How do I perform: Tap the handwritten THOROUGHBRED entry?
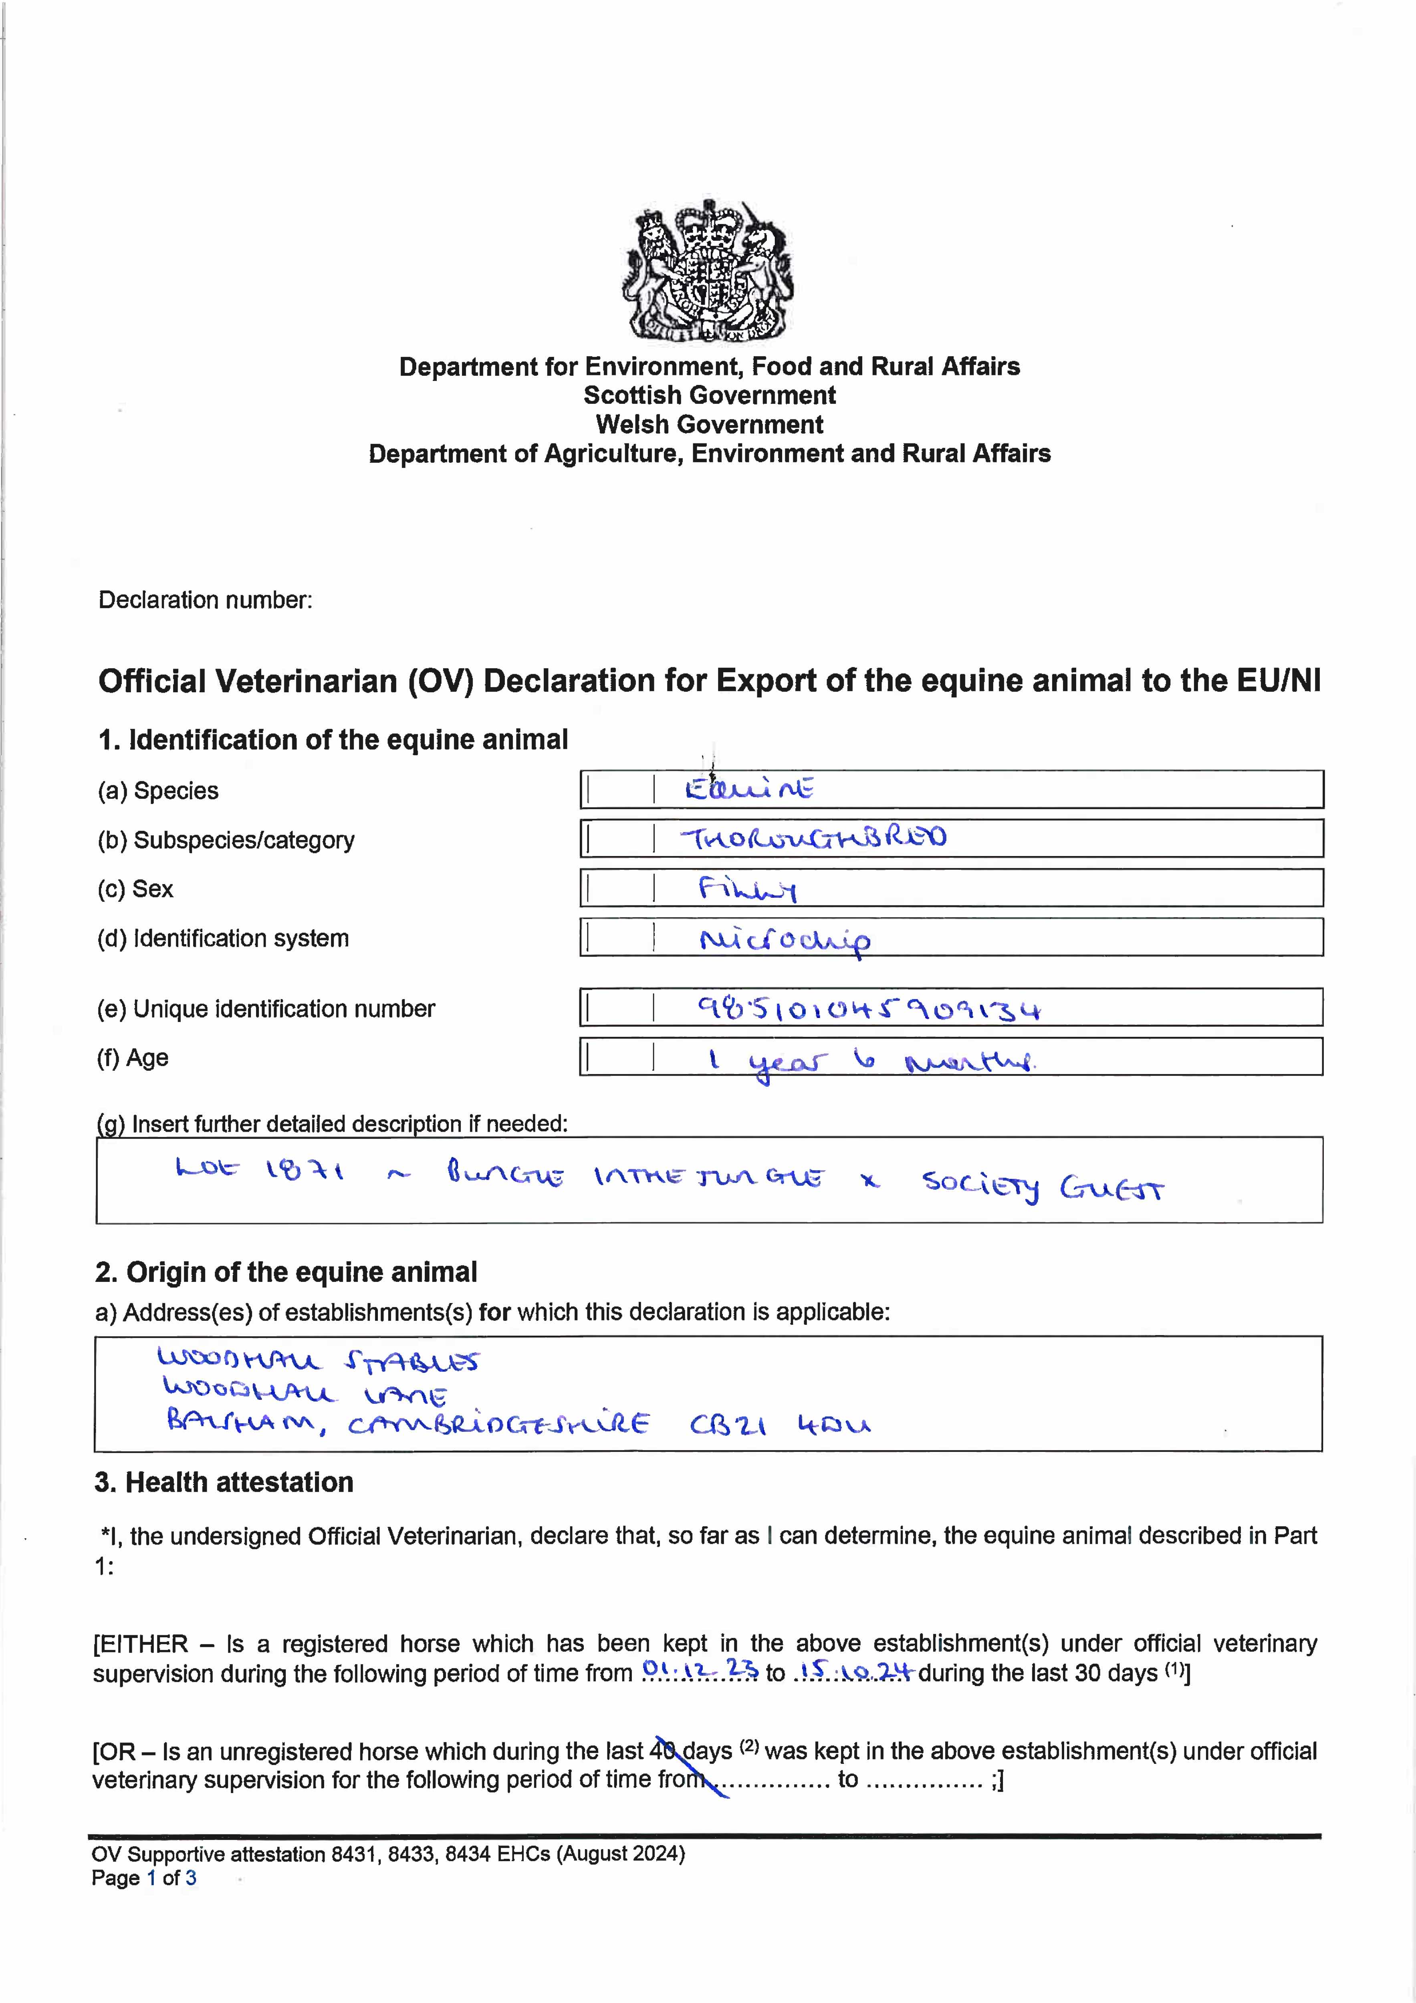[x=813, y=838]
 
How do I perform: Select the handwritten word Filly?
[x=747, y=889]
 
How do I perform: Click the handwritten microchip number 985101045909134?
[x=868, y=1010]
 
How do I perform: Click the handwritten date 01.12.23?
[x=700, y=1670]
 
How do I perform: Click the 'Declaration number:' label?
[x=205, y=600]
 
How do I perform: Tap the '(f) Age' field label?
[x=133, y=1057]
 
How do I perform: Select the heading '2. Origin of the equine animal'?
[x=286, y=1272]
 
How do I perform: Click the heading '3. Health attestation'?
[x=224, y=1482]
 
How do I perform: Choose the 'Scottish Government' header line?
[x=709, y=395]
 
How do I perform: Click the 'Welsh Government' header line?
[x=709, y=425]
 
